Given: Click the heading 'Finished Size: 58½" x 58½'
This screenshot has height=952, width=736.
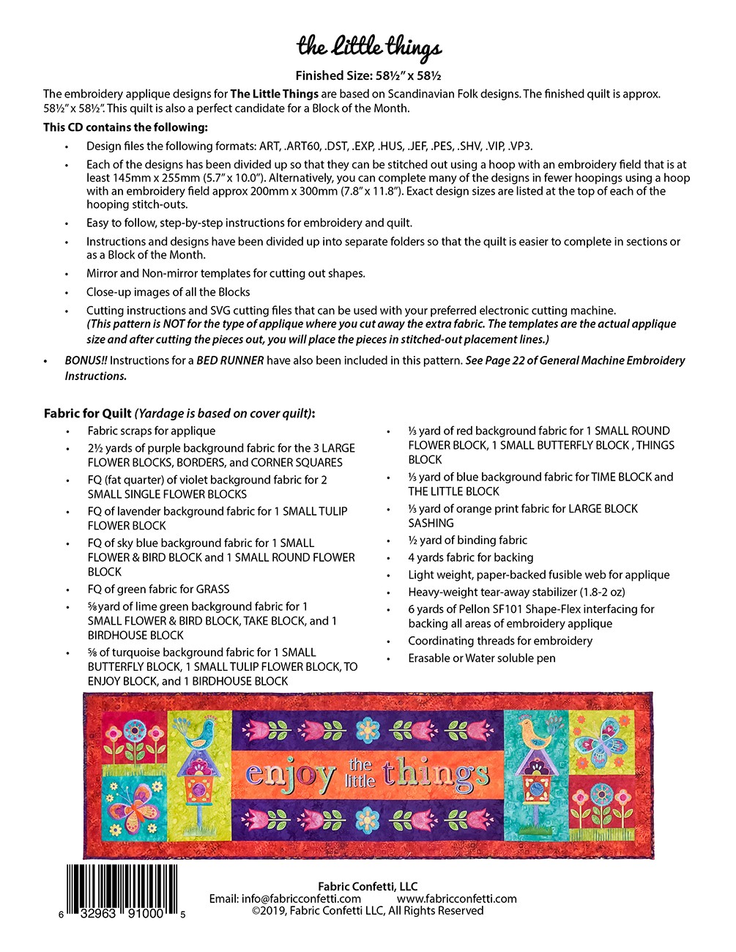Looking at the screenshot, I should [368, 75].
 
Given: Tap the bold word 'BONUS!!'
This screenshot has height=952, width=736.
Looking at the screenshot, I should [86, 360].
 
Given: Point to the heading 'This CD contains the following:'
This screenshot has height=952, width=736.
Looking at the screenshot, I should [125, 127].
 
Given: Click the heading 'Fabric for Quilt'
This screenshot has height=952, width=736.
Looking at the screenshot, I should [88, 413].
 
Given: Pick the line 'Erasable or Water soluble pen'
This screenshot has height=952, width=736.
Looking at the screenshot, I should [482, 658].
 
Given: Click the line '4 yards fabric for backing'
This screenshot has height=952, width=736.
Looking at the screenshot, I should [471, 557].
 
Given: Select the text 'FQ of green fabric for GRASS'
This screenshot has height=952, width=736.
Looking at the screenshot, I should [158, 589].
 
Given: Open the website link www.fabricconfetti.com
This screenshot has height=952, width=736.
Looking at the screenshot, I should [457, 899].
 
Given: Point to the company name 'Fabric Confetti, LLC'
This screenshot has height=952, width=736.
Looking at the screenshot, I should [368, 886].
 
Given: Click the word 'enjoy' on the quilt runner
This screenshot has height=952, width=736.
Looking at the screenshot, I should [290, 775].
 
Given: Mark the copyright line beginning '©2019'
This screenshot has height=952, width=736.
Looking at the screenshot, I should [368, 911].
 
